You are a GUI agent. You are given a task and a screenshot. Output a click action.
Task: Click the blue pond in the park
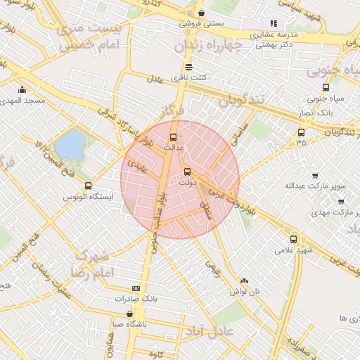pos(70,146)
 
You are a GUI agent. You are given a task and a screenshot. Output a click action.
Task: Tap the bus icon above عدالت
pos(174,137)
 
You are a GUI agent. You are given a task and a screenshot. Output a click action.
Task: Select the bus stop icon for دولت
pos(187,172)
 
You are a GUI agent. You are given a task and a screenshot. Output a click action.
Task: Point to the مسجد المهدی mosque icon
pos(22,89)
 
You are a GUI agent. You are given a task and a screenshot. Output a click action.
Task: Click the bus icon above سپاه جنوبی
pos(326,87)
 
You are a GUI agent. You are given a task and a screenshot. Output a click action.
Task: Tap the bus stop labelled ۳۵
pos(302,132)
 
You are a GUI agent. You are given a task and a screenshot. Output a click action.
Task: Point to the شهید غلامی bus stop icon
pos(294,239)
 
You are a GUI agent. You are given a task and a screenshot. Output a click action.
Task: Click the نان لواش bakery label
pos(247,290)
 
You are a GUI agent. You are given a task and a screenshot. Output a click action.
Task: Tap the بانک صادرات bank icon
pos(136,288)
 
